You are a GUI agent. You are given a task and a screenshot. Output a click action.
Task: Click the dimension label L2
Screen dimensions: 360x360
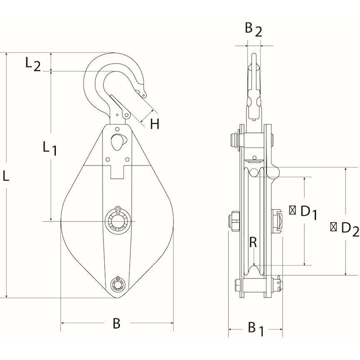pyautogui.click(x=33, y=64)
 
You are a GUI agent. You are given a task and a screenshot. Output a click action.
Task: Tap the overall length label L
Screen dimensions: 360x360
pyautogui.click(x=6, y=176)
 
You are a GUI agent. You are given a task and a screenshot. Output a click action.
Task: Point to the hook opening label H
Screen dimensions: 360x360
pyautogui.click(x=155, y=124)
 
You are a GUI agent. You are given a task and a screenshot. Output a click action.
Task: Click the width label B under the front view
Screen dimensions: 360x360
pyautogui.click(x=117, y=323)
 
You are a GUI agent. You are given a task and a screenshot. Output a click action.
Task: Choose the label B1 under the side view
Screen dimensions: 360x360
pyautogui.click(x=256, y=329)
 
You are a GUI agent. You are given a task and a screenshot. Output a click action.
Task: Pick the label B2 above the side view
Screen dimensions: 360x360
pyautogui.click(x=253, y=30)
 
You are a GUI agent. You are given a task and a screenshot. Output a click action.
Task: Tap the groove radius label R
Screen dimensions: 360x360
pyautogui.click(x=253, y=242)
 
